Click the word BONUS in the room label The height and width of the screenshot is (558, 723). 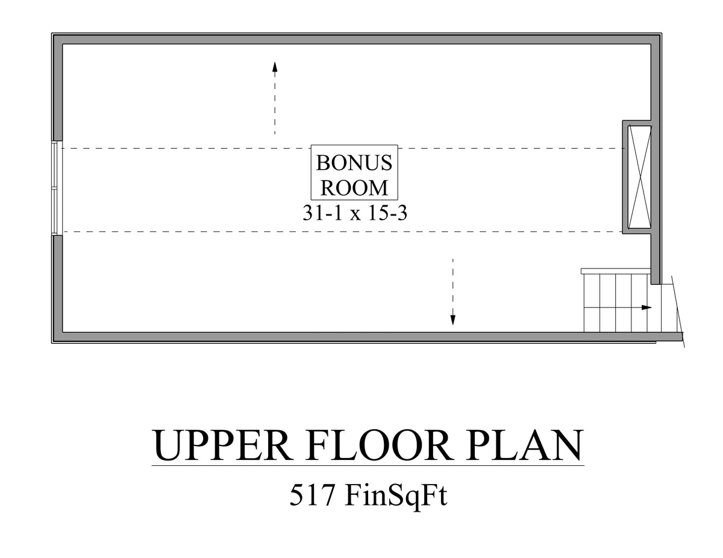point(354,163)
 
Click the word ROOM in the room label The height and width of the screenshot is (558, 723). point(354,188)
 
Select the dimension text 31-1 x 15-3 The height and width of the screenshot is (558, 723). point(355,213)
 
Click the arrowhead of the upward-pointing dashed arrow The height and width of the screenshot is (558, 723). point(275,66)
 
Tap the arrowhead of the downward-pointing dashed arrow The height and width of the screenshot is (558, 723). point(453,320)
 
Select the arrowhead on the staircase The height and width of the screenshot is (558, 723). point(646,308)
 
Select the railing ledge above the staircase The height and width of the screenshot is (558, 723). point(615,271)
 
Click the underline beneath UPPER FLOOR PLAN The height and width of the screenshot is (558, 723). point(368,465)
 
